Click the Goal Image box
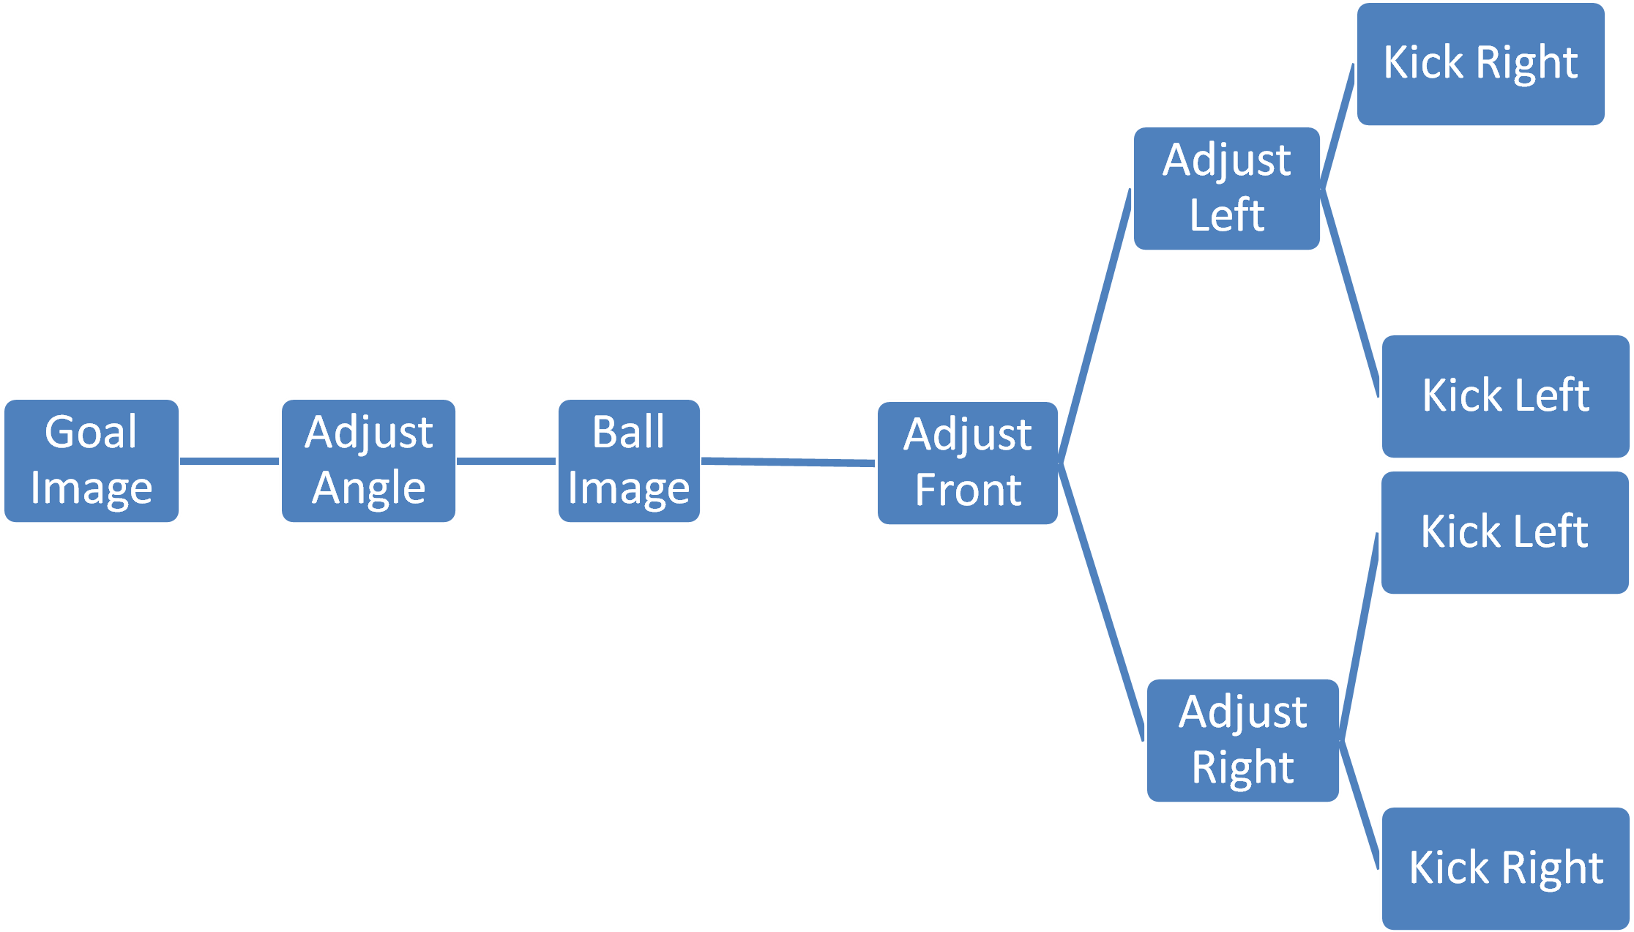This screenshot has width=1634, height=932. click(92, 461)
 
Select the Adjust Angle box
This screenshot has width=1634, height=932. click(368, 461)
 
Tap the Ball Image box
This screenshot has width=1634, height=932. click(629, 461)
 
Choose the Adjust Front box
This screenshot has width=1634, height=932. click(967, 463)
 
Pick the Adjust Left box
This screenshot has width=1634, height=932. click(1226, 188)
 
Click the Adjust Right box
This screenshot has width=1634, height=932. click(1242, 740)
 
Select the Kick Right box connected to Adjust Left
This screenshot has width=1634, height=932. click(1480, 64)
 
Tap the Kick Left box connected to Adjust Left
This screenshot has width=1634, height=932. click(1505, 396)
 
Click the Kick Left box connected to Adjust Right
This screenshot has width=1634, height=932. click(1504, 532)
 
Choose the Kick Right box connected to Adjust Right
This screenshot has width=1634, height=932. click(1506, 868)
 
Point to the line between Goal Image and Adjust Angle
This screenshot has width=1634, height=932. click(230, 461)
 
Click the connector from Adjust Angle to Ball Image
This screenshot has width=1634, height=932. click(507, 461)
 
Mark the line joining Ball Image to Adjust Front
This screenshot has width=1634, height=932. click(788, 462)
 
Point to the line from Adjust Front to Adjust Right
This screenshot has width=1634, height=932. click(1101, 600)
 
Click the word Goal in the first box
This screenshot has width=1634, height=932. click(91, 432)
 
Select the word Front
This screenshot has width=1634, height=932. click(968, 491)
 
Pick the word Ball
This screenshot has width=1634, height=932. click(628, 432)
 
